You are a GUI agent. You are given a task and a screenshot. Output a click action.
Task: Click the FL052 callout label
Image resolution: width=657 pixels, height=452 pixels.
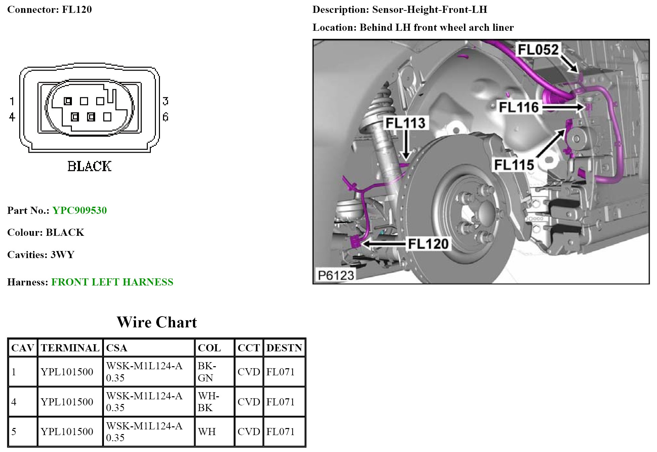(x=538, y=50)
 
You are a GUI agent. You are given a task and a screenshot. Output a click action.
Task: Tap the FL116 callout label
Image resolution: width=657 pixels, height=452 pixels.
(x=519, y=107)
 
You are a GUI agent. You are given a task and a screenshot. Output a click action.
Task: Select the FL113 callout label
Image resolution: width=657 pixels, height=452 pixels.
(x=405, y=123)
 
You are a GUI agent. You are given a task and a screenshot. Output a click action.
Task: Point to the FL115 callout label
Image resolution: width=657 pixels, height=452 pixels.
(x=514, y=165)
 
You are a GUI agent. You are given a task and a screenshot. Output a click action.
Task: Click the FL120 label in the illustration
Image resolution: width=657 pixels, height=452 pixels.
(x=428, y=244)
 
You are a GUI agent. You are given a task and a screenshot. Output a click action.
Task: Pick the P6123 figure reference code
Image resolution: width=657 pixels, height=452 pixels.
(x=336, y=275)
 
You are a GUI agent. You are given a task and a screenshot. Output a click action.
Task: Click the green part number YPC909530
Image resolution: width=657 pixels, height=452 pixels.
(x=80, y=210)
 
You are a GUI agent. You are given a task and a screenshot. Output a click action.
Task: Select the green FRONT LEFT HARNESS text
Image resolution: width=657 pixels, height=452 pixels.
(x=112, y=282)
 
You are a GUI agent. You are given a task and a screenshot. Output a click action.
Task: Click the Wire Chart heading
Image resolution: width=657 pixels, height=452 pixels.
(x=157, y=322)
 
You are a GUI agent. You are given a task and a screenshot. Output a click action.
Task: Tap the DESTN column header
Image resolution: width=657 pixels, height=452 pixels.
(x=284, y=348)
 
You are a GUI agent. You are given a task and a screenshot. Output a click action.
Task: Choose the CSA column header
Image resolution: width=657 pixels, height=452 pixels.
(x=116, y=348)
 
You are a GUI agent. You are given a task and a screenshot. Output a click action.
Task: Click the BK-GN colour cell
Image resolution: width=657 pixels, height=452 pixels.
(x=207, y=372)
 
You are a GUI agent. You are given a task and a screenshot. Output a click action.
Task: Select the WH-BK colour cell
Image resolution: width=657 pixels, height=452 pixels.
(x=208, y=402)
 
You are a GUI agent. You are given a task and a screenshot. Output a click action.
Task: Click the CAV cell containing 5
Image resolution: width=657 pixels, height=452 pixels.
(x=14, y=432)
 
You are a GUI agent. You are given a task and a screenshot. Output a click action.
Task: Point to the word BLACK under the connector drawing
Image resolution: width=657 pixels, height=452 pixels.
(x=89, y=166)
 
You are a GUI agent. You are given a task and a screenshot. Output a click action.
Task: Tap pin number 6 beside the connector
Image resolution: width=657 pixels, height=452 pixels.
(x=165, y=117)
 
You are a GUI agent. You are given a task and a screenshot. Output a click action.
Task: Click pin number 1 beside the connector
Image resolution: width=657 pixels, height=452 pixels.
(x=12, y=101)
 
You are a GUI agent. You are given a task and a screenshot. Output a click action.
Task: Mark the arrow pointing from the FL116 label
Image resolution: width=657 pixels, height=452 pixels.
(x=564, y=107)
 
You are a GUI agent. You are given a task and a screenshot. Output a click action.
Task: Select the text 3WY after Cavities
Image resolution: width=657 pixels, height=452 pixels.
(x=62, y=255)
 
